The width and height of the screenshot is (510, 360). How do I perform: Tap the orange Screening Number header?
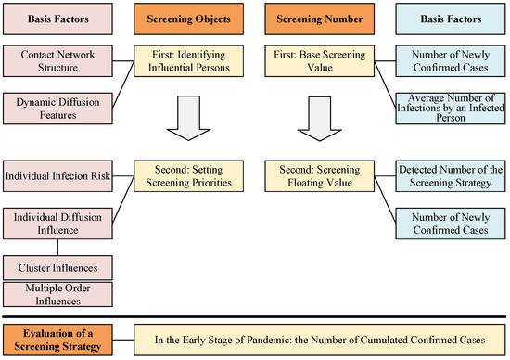click(x=316, y=19)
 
